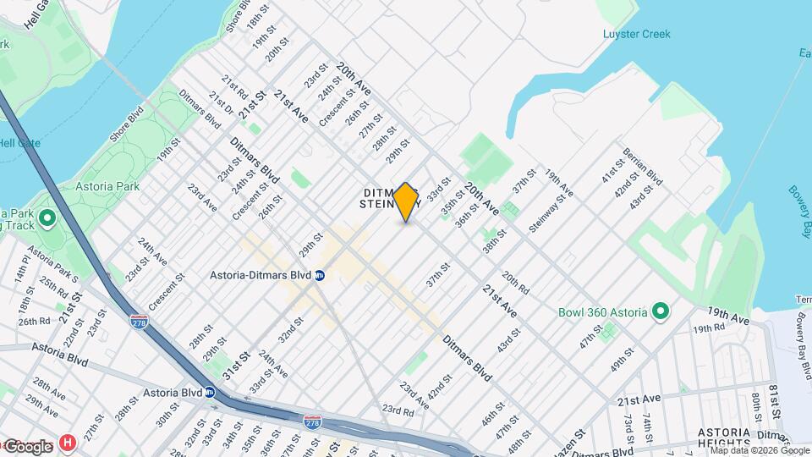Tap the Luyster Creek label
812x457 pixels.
click(637, 34)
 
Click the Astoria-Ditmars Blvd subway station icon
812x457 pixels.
click(320, 275)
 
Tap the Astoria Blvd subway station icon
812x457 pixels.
click(209, 393)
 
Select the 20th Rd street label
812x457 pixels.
click(515, 283)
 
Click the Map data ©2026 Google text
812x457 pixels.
click(748, 451)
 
